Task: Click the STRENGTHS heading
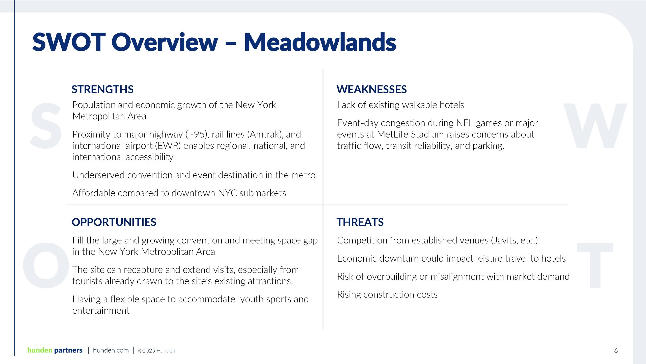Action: pos(102,89)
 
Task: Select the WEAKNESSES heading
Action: pos(371,89)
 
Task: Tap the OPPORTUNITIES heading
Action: pos(114,222)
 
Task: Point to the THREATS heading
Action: pos(360,222)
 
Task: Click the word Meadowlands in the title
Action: pos(320,42)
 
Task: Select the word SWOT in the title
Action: pos(69,42)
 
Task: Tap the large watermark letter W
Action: pos(595,126)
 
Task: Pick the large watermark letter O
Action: pos(46,265)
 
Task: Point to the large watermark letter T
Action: pos(595,265)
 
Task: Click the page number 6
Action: pos(616,351)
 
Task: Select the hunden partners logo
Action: pos(55,350)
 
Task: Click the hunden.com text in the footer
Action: pos(111,350)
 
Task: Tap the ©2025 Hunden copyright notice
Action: pos(156,351)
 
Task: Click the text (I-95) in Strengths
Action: pos(197,134)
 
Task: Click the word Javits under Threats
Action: pos(505,240)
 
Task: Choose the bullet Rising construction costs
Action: pos(387,295)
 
